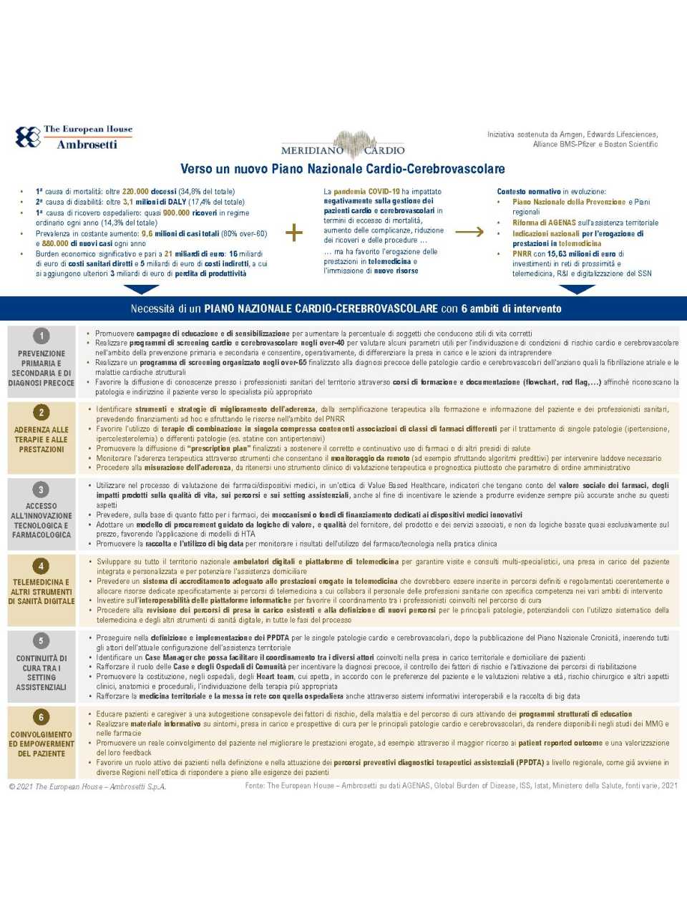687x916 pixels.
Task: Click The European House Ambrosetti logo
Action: [74, 137]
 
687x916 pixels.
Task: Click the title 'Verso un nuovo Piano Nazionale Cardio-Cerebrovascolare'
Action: [343, 170]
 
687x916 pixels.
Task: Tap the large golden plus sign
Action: [294, 233]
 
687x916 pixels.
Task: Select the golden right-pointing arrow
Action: [469, 232]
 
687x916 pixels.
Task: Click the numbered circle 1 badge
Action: [42, 336]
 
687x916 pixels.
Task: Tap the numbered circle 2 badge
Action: [42, 412]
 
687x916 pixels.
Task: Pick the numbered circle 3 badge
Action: [42, 490]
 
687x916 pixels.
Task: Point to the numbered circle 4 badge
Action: [42, 566]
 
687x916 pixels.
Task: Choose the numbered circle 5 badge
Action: [42, 641]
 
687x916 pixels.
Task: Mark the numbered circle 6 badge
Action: [42, 717]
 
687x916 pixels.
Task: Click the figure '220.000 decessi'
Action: [149, 192]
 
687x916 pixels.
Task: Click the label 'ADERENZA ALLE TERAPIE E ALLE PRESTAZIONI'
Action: [42, 440]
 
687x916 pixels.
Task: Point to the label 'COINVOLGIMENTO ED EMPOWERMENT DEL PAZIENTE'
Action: [42, 744]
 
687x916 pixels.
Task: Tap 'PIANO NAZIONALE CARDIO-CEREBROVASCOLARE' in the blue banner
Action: [321, 309]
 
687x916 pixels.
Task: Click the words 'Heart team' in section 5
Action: [275, 676]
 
